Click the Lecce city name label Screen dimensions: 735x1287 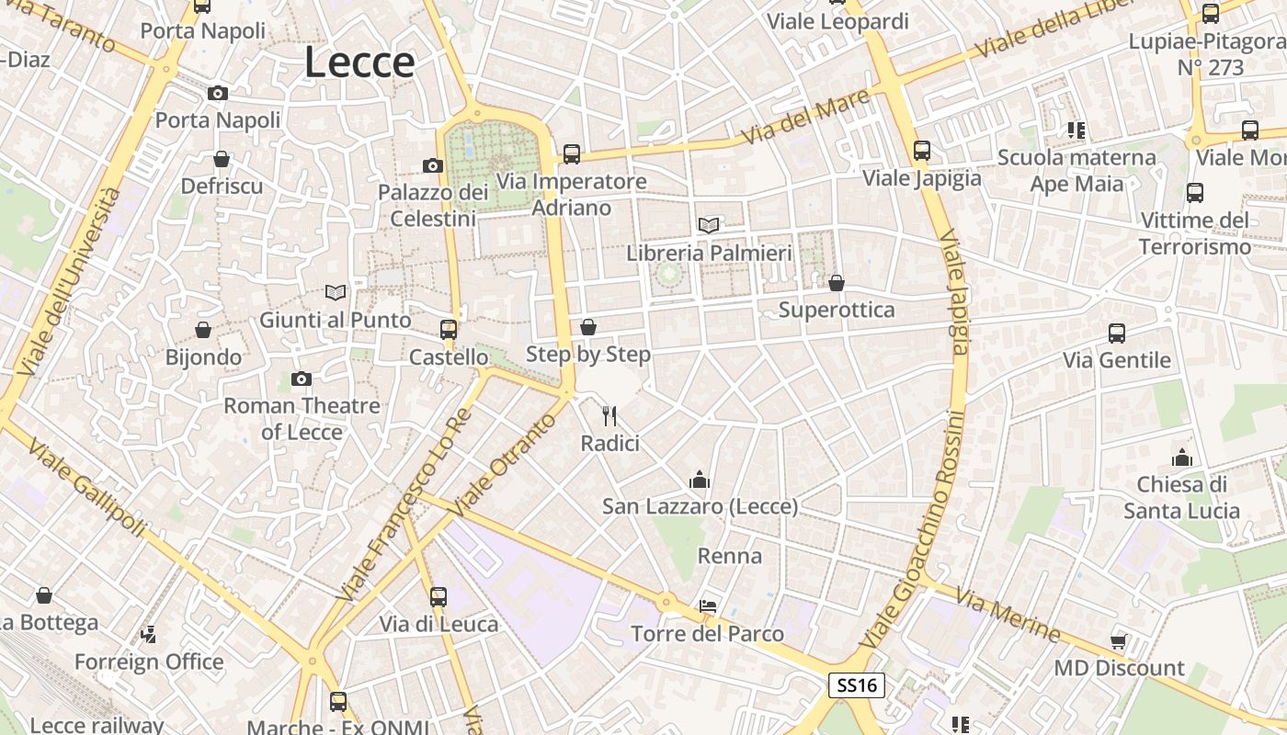click(x=359, y=62)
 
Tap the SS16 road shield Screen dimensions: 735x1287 click(x=856, y=685)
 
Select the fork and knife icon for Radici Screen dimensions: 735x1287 click(x=609, y=416)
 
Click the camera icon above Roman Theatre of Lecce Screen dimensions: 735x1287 click(x=301, y=379)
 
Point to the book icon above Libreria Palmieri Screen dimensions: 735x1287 click(x=708, y=225)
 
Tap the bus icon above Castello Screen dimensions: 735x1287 click(x=449, y=329)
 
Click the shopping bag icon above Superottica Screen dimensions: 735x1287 click(x=836, y=283)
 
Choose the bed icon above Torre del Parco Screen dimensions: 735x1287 click(x=707, y=606)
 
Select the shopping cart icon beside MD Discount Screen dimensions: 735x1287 click(x=1119, y=640)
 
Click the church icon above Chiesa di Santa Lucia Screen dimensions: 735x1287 click(x=1181, y=457)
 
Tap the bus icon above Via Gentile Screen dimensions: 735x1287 click(x=1117, y=333)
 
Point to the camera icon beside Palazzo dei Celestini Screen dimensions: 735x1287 click(x=432, y=165)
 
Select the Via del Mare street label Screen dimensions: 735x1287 click(x=793, y=121)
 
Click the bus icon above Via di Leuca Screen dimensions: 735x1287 click(x=438, y=596)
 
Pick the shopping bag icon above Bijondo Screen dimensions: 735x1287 click(x=203, y=330)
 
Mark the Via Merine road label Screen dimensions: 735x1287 click(x=1008, y=615)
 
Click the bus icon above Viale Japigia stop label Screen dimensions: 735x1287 click(x=922, y=151)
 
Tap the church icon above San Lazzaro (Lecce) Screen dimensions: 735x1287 click(x=700, y=480)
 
